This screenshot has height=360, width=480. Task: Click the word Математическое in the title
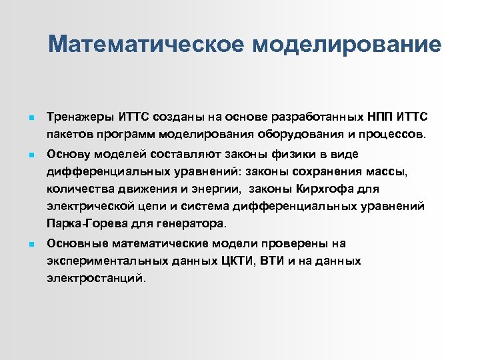(147, 44)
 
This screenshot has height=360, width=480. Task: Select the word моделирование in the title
(347, 44)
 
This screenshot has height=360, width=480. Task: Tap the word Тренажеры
(81, 117)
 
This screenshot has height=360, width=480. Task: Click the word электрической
(91, 206)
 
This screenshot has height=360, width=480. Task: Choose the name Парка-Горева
(87, 223)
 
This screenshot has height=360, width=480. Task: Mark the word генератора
(195, 223)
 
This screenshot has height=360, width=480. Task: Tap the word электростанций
(95, 278)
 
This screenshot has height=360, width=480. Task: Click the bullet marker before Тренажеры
(22, 118)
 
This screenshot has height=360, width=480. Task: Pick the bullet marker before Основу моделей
(22, 155)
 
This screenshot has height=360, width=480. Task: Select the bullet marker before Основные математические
(22, 244)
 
